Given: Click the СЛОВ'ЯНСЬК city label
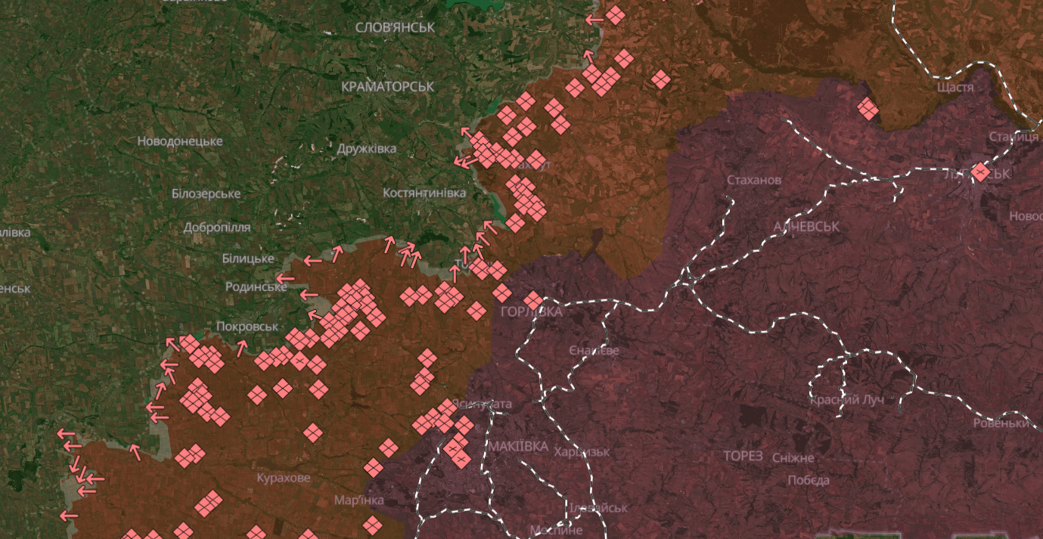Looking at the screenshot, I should pos(395,27).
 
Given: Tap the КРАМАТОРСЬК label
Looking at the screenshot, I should pos(387,87).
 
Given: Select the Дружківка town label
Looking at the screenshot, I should pos(367,149).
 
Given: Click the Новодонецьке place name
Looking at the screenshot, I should pos(180,141).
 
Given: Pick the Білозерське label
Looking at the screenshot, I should pos(206,194).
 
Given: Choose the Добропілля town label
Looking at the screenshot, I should pos(217,227).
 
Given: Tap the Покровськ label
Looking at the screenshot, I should pos(247,327).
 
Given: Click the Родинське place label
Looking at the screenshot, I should pos(256,287).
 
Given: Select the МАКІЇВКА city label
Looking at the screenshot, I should pos(518,446).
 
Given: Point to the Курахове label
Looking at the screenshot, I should pos(284,479).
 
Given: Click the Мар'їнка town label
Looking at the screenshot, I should pos(359,500).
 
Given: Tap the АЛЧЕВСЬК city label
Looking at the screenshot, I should pos(806,227).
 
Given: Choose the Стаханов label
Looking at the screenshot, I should pos(754,181).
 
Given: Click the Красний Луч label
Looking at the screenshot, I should pos(846,400).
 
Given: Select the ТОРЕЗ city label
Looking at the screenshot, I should pos(743,456).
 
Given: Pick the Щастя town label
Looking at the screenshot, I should pos(955,88).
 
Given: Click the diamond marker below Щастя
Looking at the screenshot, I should pos(868,109).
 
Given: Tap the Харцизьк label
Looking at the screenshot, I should pos(582,451).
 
